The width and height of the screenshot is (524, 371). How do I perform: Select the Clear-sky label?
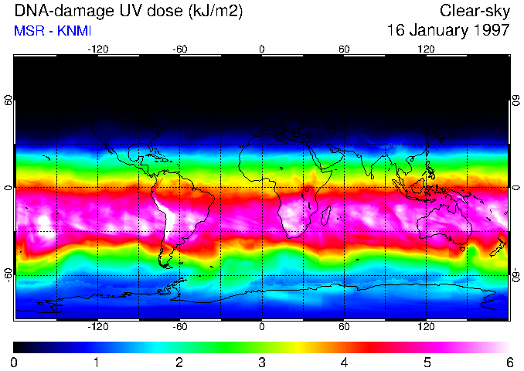(x=475, y=12)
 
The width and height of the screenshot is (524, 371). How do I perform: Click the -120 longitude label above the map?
(x=97, y=49)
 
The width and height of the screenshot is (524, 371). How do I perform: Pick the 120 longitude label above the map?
(x=426, y=49)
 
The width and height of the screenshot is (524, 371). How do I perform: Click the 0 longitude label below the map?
(x=262, y=326)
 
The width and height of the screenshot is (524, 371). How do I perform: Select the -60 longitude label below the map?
(x=179, y=326)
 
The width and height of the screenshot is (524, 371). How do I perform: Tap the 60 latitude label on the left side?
(x=8, y=100)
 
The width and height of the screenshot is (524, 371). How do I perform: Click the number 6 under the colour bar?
(x=509, y=362)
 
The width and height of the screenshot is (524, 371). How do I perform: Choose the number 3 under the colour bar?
(x=261, y=362)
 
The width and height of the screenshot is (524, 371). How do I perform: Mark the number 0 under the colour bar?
(x=15, y=362)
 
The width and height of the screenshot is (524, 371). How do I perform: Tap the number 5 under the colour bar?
(x=427, y=362)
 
